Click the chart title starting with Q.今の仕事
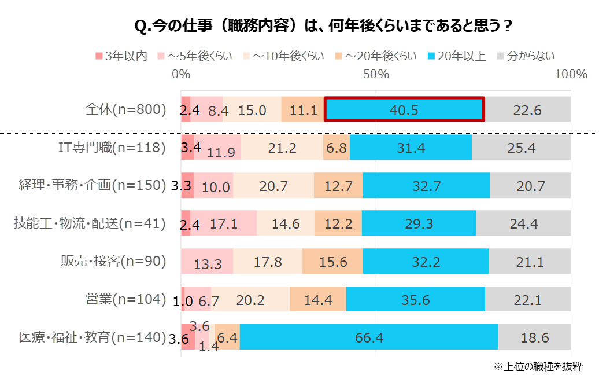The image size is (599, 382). [323, 26]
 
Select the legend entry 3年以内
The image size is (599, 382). [121, 56]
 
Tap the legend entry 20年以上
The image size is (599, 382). [456, 56]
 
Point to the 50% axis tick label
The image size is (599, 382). [376, 74]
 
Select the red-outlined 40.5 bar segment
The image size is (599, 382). [404, 109]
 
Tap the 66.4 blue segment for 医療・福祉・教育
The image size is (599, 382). [369, 337]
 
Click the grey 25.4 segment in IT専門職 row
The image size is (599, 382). [521, 148]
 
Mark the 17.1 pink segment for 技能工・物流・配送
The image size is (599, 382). [224, 223]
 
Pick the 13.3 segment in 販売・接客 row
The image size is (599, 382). [208, 262]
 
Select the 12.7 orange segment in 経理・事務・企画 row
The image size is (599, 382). [338, 186]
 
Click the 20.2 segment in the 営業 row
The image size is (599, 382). [250, 299]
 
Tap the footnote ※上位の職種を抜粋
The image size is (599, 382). [538, 366]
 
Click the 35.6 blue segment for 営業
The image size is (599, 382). [415, 299]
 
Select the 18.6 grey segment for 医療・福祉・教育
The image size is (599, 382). [534, 337]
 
